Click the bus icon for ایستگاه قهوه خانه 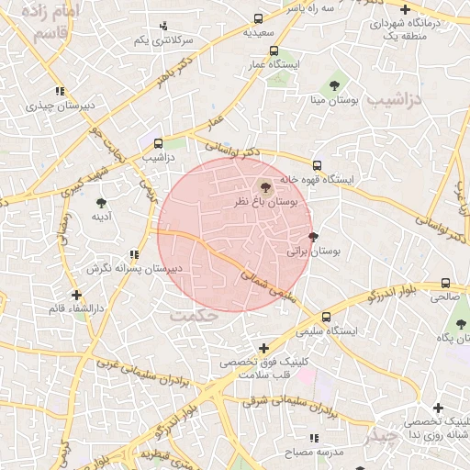tap(317, 165)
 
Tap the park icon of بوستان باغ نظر tap(266, 186)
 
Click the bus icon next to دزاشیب tap(158, 143)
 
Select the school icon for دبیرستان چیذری tap(60, 92)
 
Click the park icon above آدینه tap(101, 202)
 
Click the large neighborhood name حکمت tap(194, 315)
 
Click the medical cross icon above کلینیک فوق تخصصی tap(263, 348)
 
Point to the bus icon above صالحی tap(445, 283)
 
